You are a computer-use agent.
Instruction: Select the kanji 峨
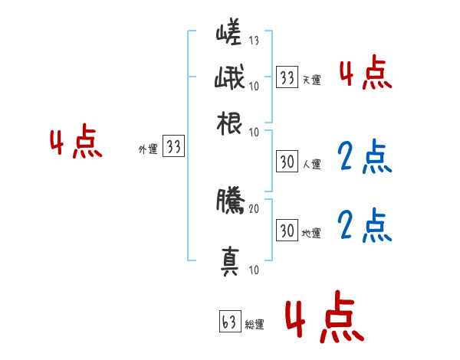coord(229,79)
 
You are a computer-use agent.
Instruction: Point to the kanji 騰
coord(229,201)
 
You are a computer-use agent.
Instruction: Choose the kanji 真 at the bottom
coord(229,261)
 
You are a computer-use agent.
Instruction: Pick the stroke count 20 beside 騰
coord(254,208)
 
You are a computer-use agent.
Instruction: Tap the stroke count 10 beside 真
coord(254,270)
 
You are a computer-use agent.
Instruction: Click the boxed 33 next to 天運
coord(287,77)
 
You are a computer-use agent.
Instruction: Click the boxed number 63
coord(229,322)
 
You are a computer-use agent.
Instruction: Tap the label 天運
coord(311,80)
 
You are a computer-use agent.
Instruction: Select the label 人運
coord(311,164)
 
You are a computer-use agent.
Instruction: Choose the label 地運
coord(311,232)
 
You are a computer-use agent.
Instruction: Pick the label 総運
coord(254,325)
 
